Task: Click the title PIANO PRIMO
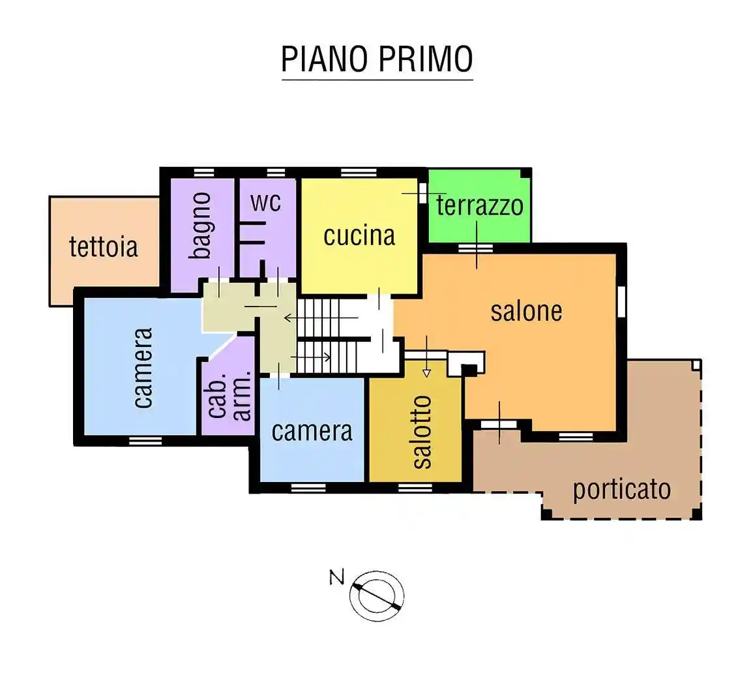(x=377, y=59)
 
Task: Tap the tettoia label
(x=104, y=247)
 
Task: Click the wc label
(x=266, y=202)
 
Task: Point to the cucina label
(x=359, y=235)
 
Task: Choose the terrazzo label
(x=479, y=205)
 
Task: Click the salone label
(x=526, y=311)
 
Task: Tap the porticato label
(x=621, y=489)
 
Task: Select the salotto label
(x=422, y=432)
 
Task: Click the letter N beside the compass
(x=336, y=577)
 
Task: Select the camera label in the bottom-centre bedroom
(x=312, y=431)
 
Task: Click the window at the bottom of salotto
(x=415, y=488)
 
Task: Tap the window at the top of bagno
(x=203, y=173)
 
